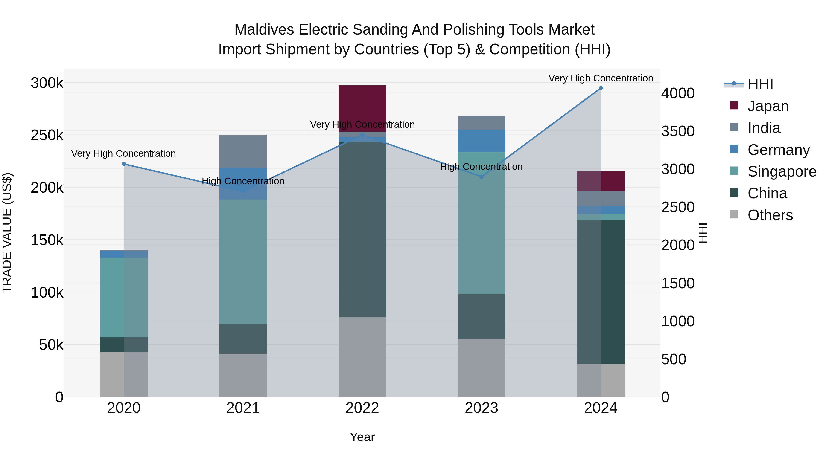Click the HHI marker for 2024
[601, 88]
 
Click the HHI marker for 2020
[124, 164]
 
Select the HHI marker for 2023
[482, 177]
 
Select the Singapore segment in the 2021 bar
[243, 261]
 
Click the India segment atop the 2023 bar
[482, 123]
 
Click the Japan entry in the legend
[768, 106]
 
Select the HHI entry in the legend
[760, 84]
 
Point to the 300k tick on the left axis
[47, 83]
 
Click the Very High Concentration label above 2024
[601, 78]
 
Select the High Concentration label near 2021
[243, 181]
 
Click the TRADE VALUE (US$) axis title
[7, 233]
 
